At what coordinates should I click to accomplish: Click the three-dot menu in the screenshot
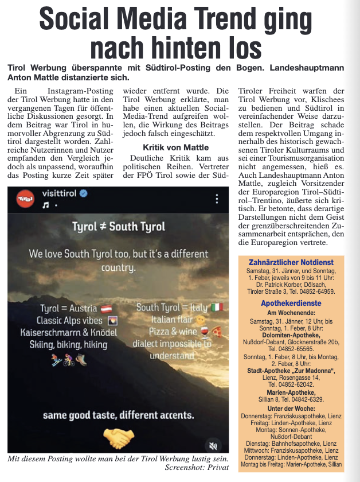[217, 199]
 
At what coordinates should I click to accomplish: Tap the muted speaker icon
[213, 445]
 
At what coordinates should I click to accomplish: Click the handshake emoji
[119, 438]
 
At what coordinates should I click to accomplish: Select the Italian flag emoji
[216, 308]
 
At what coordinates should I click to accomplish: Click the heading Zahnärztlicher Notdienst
[291, 262]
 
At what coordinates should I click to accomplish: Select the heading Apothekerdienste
[291, 302]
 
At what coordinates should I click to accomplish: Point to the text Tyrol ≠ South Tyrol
[118, 227]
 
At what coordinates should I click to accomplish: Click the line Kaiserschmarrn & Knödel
[68, 333]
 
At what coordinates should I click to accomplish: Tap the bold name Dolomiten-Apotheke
[291, 335]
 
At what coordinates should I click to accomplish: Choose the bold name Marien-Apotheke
[291, 392]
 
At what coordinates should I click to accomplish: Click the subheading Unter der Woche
[291, 408]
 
